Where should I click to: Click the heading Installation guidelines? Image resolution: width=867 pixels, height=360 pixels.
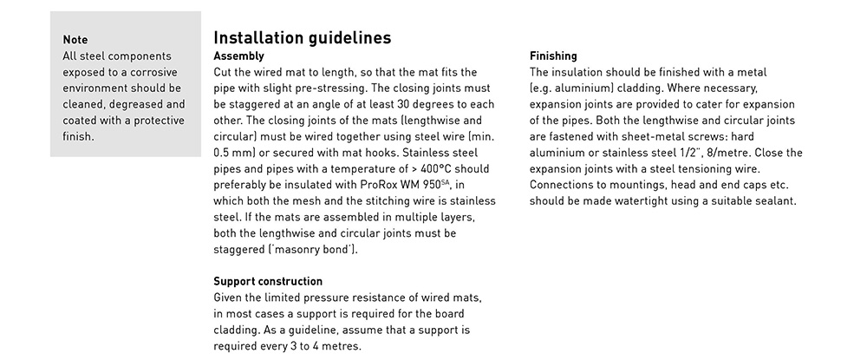point(302,38)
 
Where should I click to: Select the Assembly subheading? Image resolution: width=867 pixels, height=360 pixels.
point(238,56)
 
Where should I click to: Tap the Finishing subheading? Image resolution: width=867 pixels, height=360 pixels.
point(553,56)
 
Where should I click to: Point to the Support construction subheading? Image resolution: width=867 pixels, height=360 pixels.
point(268,281)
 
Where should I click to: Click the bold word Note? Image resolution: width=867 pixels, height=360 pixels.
point(75,40)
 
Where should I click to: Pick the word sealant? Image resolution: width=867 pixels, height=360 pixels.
point(774,201)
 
